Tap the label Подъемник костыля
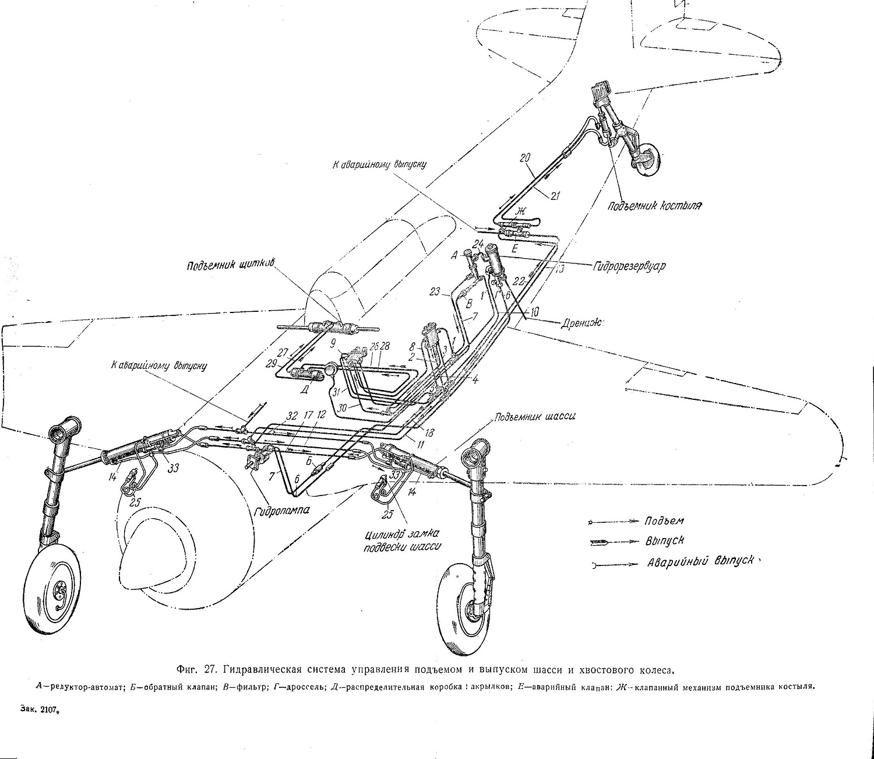pyautogui.click(x=654, y=205)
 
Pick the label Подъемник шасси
pyautogui.click(x=535, y=417)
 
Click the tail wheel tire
pyautogui.click(x=647, y=158)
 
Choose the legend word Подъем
pyautogui.click(x=664, y=521)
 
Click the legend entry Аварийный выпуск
pyautogui.click(x=704, y=563)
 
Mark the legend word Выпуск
pyautogui.click(x=664, y=541)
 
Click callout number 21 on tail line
pyautogui.click(x=554, y=196)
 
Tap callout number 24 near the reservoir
pyautogui.click(x=478, y=243)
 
